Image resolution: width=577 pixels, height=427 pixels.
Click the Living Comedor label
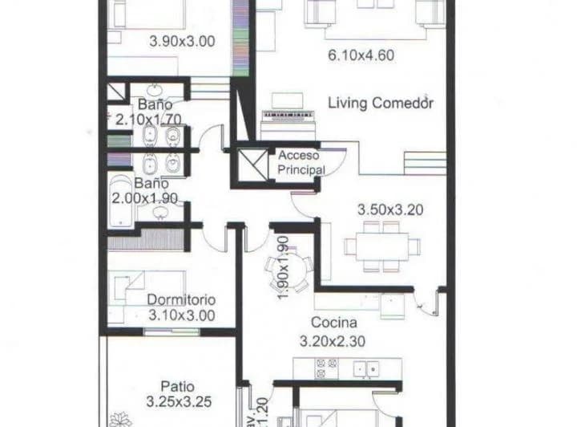[x=381, y=104]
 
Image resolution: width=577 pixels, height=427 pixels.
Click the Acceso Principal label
[x=301, y=162]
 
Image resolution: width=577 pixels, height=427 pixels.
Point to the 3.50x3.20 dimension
[x=389, y=210]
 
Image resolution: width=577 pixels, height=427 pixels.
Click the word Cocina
[x=333, y=323]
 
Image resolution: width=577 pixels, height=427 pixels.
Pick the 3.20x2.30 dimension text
[x=333, y=340]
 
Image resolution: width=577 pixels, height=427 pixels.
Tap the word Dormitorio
[x=181, y=300]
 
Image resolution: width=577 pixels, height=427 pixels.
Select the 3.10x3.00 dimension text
[x=181, y=315]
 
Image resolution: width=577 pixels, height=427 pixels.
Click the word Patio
[x=176, y=386]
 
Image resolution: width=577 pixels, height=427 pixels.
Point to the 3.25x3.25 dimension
[x=180, y=401]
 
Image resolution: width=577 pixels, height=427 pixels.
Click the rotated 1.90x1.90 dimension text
[x=282, y=267]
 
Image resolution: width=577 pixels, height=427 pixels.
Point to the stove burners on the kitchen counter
[x=325, y=368]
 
